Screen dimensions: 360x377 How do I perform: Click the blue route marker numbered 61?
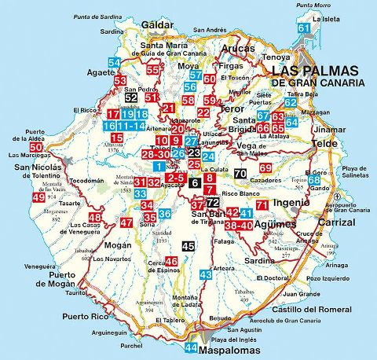click(x=303, y=28)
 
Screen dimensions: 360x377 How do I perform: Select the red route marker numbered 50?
click(x=36, y=147)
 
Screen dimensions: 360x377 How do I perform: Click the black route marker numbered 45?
click(x=188, y=247)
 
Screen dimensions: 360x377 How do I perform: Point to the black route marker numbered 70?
click(x=240, y=174)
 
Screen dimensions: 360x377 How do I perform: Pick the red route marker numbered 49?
click(x=38, y=197)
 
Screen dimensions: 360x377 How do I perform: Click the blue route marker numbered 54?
click(x=115, y=63)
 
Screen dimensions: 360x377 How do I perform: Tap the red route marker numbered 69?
click(x=265, y=168)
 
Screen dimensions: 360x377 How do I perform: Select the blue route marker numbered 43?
click(x=206, y=274)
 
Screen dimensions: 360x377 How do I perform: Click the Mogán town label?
click(x=106, y=244)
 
